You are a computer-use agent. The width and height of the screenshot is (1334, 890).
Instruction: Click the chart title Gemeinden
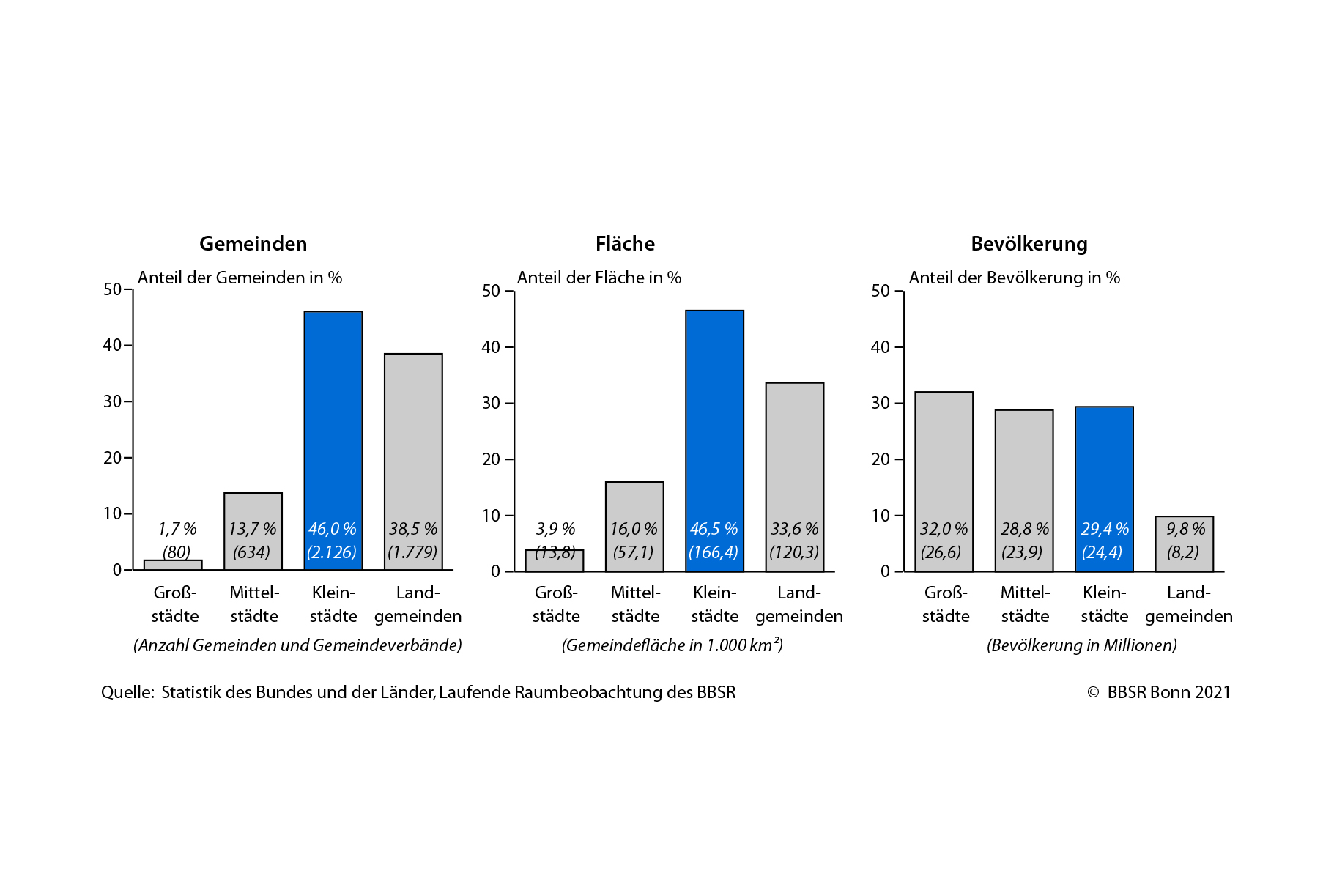(x=253, y=243)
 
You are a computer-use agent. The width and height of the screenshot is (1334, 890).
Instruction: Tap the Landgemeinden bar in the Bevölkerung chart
(x=1184, y=544)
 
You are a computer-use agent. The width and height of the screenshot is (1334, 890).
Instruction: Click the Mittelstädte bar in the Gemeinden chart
(x=253, y=513)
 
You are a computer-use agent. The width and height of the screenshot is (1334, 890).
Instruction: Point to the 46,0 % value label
(x=332, y=529)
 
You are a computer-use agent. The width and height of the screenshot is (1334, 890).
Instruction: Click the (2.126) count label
(x=332, y=552)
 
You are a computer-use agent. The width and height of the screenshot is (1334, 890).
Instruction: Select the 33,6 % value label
(x=794, y=529)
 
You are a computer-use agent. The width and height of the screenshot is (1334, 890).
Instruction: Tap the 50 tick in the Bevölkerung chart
(x=880, y=291)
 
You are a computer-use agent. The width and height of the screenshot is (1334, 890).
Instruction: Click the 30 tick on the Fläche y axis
(x=490, y=403)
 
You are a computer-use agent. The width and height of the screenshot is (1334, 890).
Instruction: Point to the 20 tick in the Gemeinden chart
(x=112, y=458)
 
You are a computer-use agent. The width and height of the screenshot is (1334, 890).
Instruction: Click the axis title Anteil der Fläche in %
(x=599, y=278)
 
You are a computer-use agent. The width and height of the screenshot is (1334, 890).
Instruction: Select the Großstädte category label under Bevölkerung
(x=945, y=604)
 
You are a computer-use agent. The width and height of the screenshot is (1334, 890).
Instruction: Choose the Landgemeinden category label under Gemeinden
(x=418, y=604)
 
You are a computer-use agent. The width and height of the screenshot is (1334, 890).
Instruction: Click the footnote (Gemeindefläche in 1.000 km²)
(x=672, y=645)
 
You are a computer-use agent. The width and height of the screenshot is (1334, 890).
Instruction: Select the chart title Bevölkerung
(x=1029, y=243)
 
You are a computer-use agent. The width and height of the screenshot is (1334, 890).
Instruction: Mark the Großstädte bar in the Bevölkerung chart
(x=944, y=469)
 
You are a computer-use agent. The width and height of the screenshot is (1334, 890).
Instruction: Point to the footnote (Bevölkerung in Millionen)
(x=1081, y=645)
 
